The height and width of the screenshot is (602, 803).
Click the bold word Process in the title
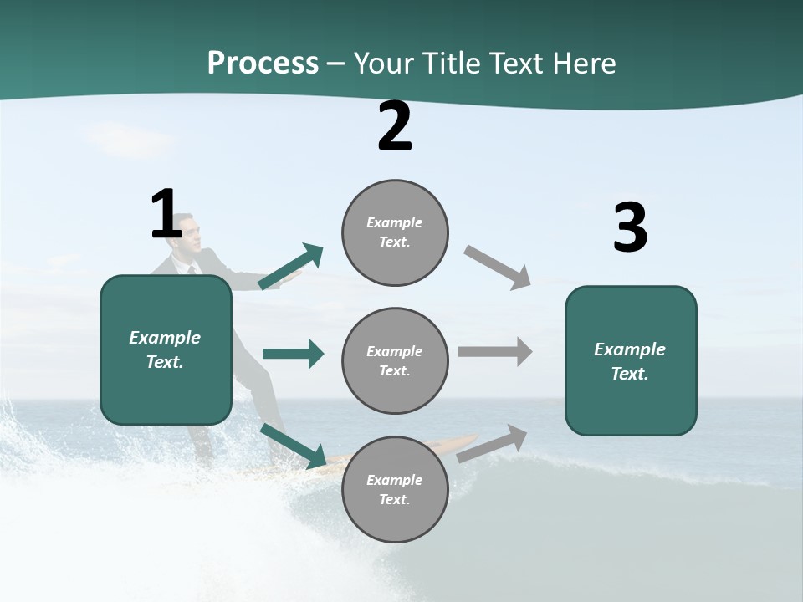pyautogui.click(x=263, y=63)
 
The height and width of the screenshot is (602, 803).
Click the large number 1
pyautogui.click(x=166, y=215)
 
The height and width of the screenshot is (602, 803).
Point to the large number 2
pyautogui.click(x=395, y=127)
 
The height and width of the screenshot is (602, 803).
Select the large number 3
pyautogui.click(x=630, y=228)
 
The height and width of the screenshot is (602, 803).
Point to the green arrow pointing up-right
pyautogui.click(x=291, y=267)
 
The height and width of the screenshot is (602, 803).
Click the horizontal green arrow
pyautogui.click(x=293, y=354)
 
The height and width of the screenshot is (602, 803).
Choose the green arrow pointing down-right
pyautogui.click(x=294, y=446)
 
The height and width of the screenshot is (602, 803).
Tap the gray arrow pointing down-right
pyautogui.click(x=498, y=267)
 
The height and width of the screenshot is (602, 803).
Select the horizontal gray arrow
pyautogui.click(x=495, y=351)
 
